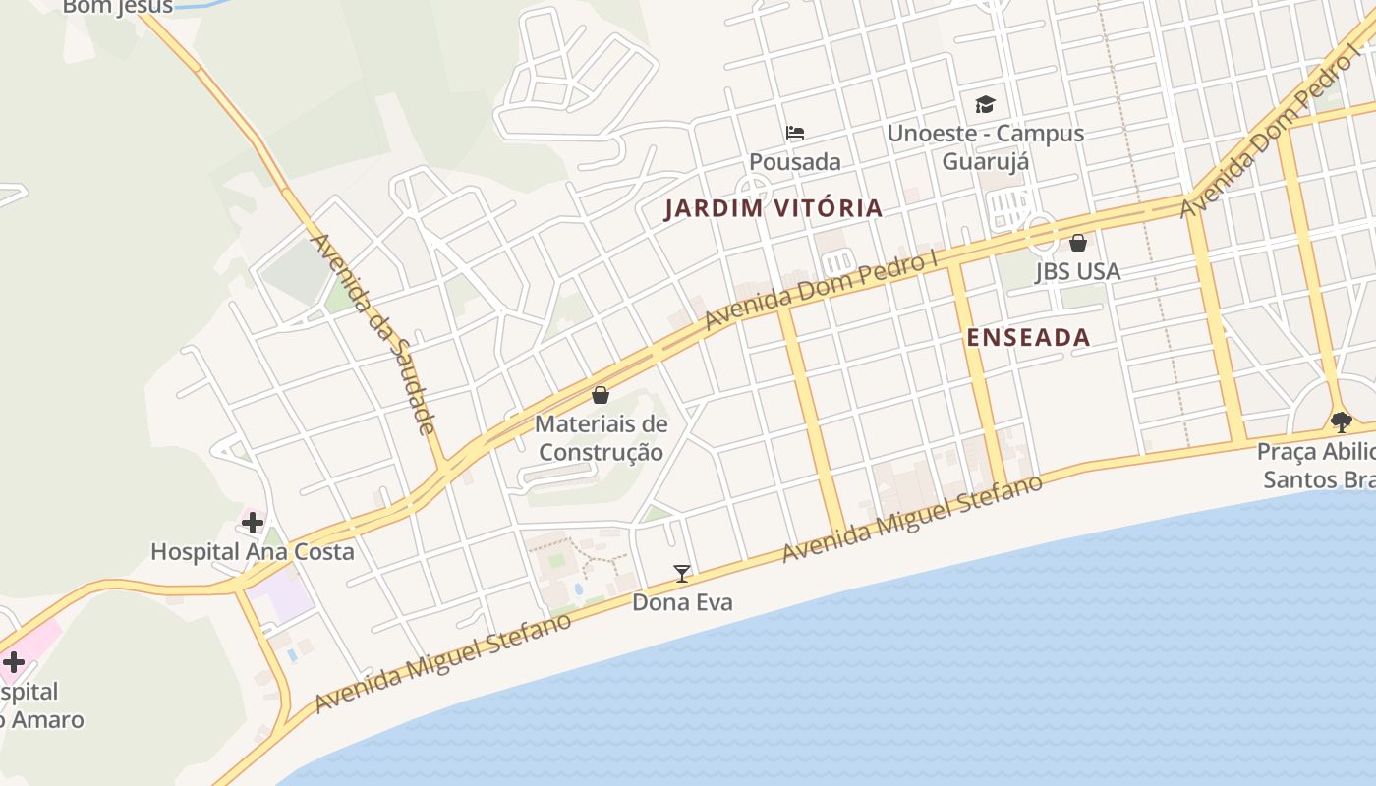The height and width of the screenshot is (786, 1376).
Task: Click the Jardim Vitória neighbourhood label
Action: (x=773, y=208)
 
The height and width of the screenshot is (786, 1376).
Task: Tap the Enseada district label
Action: (x=1028, y=337)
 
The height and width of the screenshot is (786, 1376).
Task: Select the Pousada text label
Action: (x=795, y=161)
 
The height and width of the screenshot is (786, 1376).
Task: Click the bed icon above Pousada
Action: (x=795, y=133)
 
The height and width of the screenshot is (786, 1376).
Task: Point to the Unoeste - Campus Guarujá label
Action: (x=986, y=146)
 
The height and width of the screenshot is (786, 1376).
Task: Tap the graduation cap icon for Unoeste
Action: (x=985, y=104)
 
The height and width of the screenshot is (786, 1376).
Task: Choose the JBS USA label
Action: (x=1077, y=271)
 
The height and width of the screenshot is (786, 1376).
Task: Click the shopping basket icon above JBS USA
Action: (x=1078, y=242)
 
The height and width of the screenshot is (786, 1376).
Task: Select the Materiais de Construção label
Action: (x=601, y=438)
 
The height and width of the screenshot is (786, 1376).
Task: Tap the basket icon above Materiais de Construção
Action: (x=601, y=395)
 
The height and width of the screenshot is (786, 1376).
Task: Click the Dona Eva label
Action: (x=682, y=602)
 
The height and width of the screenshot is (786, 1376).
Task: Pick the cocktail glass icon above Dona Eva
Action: (x=681, y=573)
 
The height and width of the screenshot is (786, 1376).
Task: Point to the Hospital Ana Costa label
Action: (x=253, y=551)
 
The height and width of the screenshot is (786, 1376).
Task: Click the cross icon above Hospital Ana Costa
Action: (x=253, y=523)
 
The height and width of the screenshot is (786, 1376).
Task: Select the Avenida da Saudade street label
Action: (x=373, y=334)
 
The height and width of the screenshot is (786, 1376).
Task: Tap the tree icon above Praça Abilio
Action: (x=1341, y=422)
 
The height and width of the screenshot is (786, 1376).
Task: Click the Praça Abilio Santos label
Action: (x=1317, y=466)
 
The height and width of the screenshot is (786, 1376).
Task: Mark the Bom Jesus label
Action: (x=118, y=7)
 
